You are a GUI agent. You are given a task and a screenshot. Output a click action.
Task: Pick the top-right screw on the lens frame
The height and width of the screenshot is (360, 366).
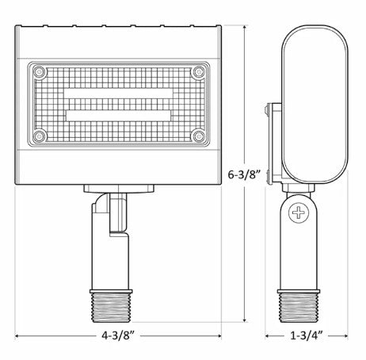point(196,72)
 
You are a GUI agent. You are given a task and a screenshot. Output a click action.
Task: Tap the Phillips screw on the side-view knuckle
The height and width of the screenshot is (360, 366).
point(299,213)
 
